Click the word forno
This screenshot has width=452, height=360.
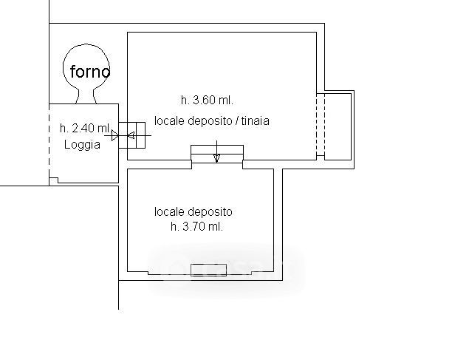90,71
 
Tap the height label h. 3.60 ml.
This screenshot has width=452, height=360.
207,101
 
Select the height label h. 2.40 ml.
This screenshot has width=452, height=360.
85,128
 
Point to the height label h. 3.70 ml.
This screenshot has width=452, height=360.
197,226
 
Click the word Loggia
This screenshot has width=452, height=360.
82,145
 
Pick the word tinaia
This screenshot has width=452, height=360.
255,120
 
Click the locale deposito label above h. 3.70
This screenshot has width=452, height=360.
194,211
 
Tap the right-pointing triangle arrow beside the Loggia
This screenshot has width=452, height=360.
114,135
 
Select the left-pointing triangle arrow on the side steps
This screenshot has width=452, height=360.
131,135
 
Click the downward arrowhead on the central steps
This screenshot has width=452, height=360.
217,158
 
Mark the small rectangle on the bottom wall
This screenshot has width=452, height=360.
208,270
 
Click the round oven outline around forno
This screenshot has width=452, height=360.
64,67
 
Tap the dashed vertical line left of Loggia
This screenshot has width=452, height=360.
49,143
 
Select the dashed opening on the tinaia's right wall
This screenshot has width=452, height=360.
321,124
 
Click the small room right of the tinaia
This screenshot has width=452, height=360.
338,126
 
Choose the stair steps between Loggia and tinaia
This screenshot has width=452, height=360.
131,135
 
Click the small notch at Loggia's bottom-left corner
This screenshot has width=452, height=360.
54,180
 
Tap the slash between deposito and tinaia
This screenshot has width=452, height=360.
237,120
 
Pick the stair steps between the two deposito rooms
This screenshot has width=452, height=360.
217,154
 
